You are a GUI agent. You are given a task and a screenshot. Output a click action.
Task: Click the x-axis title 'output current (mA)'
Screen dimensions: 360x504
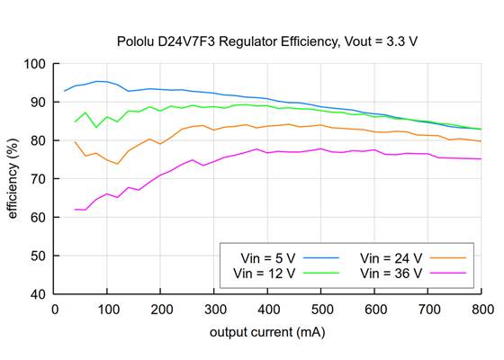tap(268, 332)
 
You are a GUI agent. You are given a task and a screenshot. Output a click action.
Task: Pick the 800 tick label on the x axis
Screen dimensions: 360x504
tap(481, 309)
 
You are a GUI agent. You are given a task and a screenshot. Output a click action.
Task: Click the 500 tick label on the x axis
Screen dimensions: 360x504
tap(321, 309)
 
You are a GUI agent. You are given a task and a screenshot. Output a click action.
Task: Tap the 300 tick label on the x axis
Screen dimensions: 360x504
tap(214, 309)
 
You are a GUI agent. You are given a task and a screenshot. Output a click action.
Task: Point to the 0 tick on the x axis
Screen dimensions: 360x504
tap(55, 309)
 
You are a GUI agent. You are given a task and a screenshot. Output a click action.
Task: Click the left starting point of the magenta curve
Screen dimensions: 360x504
tap(76, 210)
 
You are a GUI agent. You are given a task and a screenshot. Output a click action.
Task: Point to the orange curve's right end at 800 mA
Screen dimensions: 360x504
tap(481, 141)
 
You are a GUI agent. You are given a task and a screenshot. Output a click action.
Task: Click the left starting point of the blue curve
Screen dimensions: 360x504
tap(65, 91)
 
